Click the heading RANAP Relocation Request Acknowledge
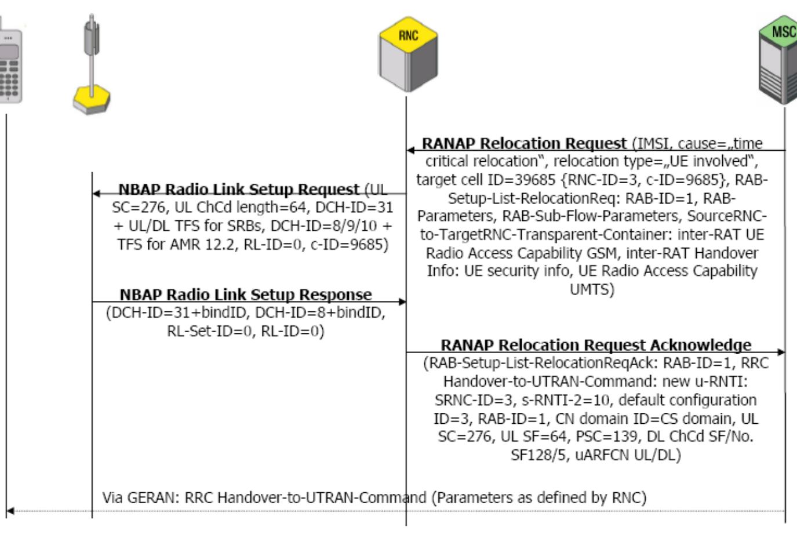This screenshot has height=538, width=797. tap(595, 345)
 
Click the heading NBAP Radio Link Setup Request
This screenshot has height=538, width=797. tap(239, 190)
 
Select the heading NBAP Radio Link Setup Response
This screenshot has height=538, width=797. tap(246, 295)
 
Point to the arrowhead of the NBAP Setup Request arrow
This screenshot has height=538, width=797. tap(96, 194)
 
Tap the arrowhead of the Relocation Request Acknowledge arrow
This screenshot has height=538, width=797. tap(781, 352)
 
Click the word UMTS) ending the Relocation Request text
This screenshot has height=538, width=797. tap(592, 289)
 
